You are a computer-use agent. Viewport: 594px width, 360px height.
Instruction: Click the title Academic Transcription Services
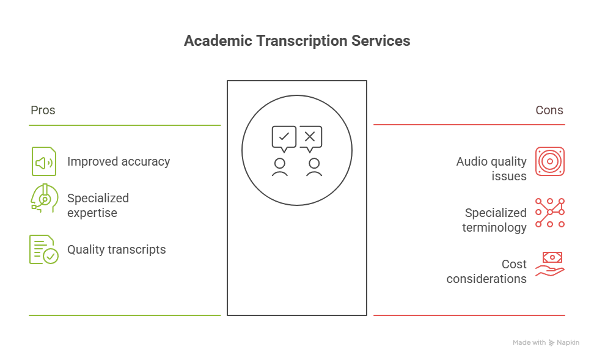[297, 41]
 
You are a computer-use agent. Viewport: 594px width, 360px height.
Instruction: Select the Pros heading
[43, 111]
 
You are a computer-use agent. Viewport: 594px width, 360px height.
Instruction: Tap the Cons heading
[549, 111]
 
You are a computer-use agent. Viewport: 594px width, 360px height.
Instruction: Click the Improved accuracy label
[119, 162]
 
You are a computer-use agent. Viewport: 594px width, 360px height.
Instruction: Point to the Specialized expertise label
[98, 205]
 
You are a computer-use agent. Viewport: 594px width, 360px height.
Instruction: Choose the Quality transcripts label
[116, 249]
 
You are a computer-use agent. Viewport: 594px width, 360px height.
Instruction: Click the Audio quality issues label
[491, 169]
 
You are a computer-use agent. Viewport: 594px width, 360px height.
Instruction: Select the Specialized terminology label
[495, 220]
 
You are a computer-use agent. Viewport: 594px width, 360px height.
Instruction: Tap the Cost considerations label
[486, 271]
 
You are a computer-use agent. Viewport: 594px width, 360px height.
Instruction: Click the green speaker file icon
[43, 162]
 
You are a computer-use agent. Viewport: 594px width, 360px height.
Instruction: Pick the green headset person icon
[43, 199]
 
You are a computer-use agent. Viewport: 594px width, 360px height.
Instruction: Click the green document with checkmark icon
[43, 249]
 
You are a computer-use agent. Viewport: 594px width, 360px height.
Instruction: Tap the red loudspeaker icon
[550, 161]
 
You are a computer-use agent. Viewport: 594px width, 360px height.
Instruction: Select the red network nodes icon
[550, 213]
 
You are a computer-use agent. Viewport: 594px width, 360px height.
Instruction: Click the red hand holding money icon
[550, 265]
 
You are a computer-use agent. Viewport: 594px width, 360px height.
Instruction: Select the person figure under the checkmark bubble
[280, 167]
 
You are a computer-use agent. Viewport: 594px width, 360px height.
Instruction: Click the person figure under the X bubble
[314, 167]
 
